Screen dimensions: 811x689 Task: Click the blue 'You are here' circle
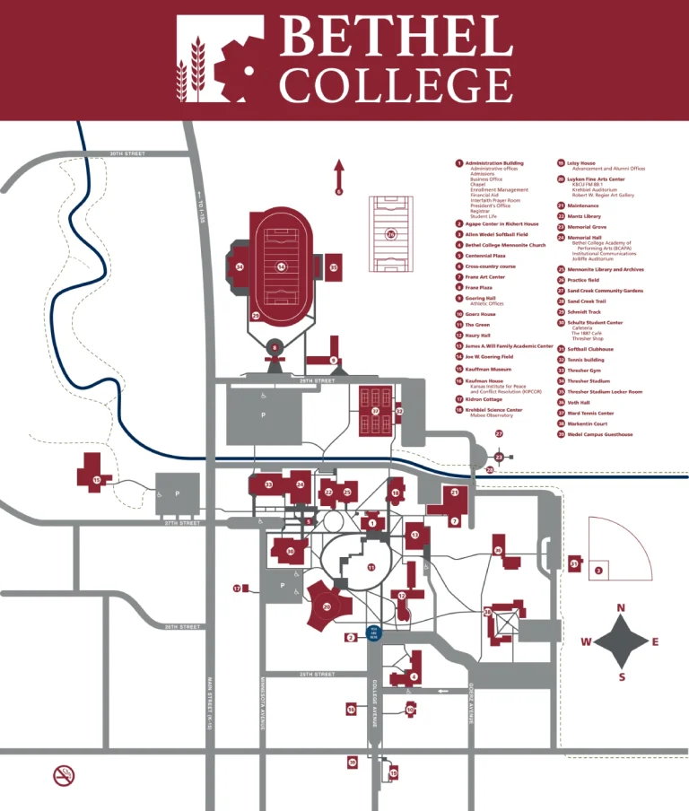click(x=374, y=632)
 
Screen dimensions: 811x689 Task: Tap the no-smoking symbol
click(x=64, y=775)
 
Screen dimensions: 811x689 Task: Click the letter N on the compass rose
click(x=621, y=608)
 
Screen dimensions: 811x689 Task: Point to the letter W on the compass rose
click(x=586, y=641)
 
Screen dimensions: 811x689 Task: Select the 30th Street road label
click(x=127, y=153)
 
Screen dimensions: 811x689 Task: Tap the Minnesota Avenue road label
click(x=263, y=702)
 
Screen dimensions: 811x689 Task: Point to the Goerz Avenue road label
click(x=470, y=703)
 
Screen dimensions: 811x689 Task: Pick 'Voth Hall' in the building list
click(x=579, y=402)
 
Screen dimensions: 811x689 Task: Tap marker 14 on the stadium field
click(x=281, y=266)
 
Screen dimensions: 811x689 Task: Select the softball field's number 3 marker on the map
click(x=598, y=571)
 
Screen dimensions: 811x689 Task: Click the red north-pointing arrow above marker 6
click(x=339, y=171)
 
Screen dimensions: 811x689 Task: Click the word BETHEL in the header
click(x=394, y=38)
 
